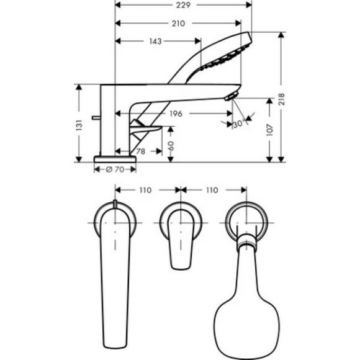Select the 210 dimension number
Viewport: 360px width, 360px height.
pos(178,24)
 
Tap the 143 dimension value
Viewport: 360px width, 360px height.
pos(156,42)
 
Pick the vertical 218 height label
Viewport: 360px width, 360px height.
pos(282,99)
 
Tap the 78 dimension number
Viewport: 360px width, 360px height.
pos(140,151)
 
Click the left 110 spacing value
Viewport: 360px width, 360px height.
pos(146,190)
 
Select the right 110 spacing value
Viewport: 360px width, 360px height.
pos(212,190)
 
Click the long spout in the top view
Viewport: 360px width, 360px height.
pos(115,273)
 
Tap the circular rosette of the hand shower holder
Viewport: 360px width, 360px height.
pos(246,220)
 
